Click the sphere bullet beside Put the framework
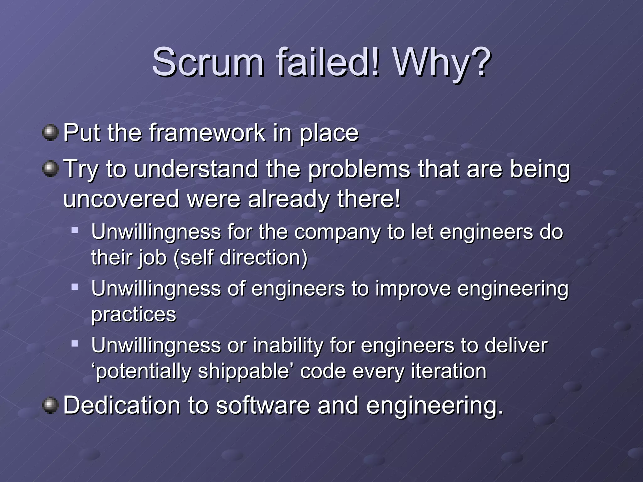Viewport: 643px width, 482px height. point(50,133)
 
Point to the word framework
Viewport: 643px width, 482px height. point(207,133)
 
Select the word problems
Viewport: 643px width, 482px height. point(359,170)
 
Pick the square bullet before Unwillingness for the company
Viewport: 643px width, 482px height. point(74,230)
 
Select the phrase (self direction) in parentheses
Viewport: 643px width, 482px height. point(240,258)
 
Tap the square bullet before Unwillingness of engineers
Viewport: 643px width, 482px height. point(74,287)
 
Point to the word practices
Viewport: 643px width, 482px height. point(134,315)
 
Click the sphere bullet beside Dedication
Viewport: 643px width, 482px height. point(50,405)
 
